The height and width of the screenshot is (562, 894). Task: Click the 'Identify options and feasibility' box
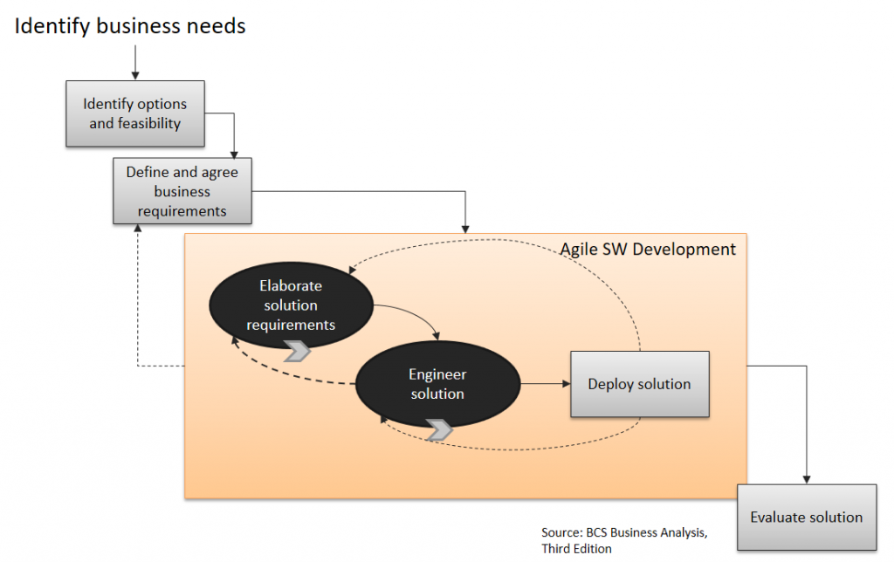135,114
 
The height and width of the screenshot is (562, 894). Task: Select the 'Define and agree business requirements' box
182,191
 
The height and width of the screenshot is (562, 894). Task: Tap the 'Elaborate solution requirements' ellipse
291,305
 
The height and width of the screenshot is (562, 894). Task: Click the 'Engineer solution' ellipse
438,384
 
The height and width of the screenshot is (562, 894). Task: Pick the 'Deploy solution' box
640,384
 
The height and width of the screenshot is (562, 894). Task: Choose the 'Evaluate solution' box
807,517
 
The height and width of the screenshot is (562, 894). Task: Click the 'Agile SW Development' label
648,249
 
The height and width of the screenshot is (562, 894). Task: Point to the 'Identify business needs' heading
130,26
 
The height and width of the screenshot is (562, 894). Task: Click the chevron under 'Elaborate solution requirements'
297,351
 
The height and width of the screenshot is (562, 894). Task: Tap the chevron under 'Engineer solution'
439,429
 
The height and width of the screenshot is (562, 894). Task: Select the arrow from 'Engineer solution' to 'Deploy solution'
546,384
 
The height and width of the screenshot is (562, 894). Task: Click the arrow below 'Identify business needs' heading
135,62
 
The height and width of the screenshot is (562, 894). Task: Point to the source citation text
624,540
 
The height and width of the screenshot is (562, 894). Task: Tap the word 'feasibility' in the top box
149,124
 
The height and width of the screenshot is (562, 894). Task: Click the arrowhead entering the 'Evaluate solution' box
807,480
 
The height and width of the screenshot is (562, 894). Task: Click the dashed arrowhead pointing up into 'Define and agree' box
137,228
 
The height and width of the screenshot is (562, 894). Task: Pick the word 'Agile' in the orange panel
578,250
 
